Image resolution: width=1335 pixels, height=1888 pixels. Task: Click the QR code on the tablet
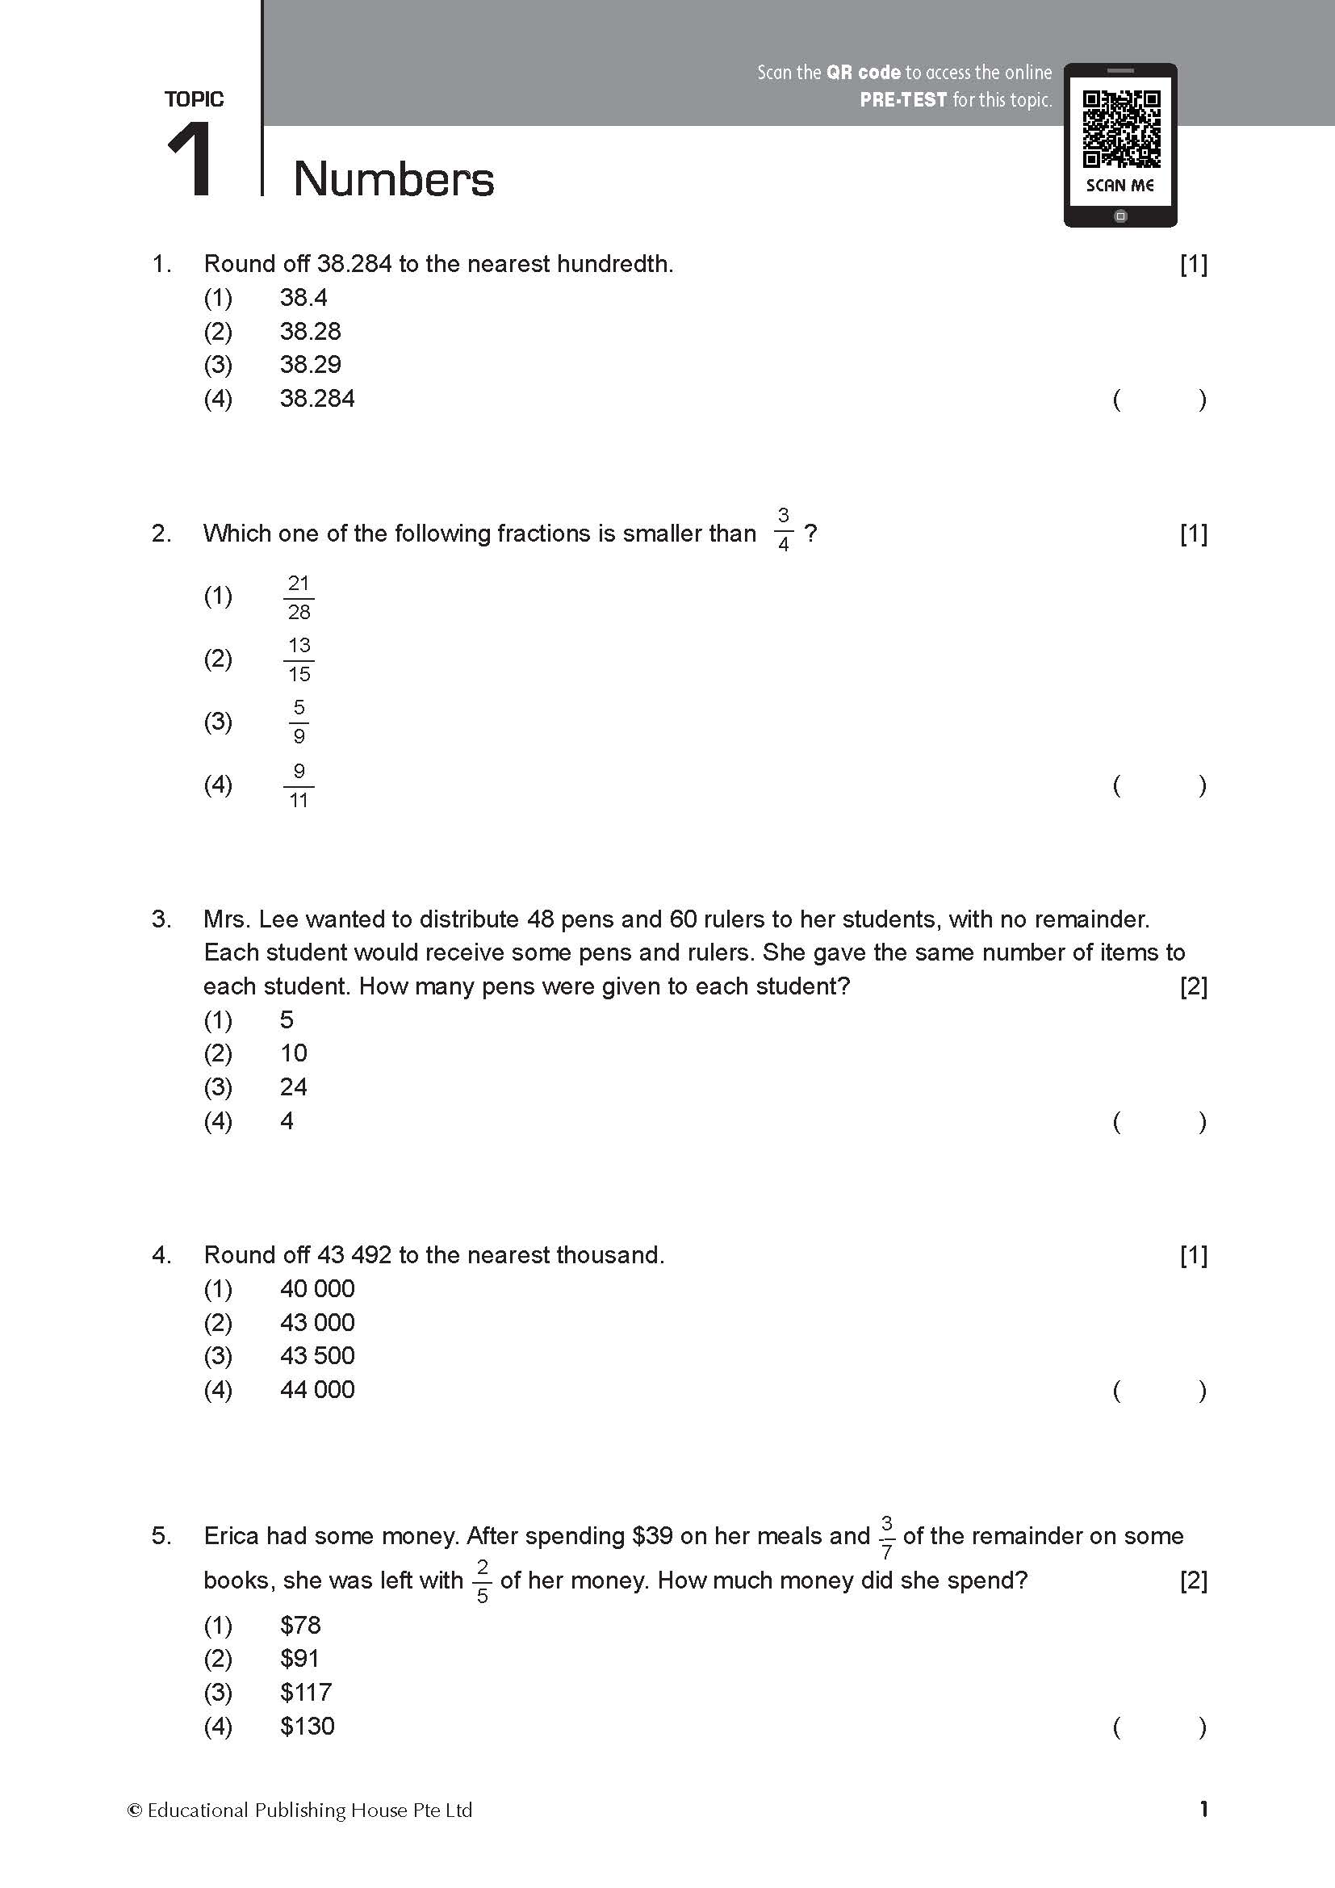pos(1121,129)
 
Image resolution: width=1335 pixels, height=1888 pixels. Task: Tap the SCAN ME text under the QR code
pos(1119,186)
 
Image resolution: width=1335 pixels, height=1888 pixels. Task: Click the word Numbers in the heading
pos(394,179)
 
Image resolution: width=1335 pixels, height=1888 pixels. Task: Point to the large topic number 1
pos(190,160)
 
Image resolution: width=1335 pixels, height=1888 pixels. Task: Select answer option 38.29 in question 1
pos(310,364)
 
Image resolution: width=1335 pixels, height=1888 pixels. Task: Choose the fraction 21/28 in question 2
pos(299,597)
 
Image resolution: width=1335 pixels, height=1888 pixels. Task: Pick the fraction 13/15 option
pos(299,659)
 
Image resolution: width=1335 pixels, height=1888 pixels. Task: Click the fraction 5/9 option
pos(299,722)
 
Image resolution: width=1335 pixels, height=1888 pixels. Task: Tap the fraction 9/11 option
pos(299,785)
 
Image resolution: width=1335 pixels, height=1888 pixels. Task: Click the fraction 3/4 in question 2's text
pos(784,530)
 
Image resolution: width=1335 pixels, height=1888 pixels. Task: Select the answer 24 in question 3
pos(293,1087)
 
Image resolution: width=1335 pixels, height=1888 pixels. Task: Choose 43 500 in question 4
pos(317,1356)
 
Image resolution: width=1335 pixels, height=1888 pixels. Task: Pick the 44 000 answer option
pos(317,1390)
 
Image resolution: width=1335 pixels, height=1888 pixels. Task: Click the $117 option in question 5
pos(306,1693)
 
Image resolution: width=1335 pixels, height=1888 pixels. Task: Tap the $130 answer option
pos(308,1726)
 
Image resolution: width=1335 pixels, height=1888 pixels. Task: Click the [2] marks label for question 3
pos(1193,986)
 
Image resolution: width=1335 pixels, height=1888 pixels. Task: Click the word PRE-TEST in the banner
pos(903,100)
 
